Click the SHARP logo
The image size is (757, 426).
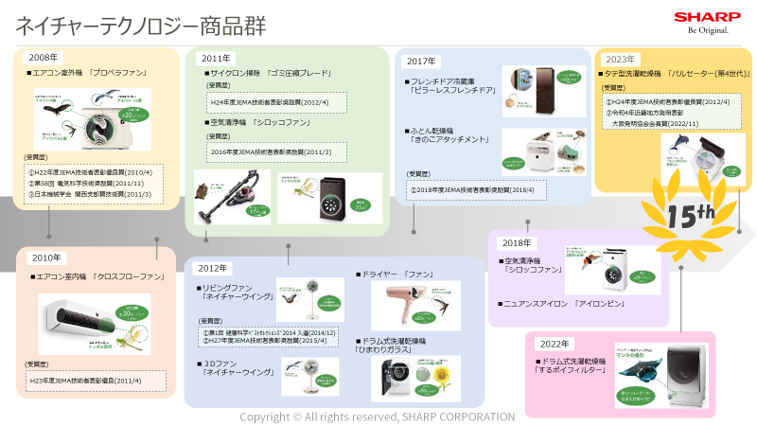click(701, 16)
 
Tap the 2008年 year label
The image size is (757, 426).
click(43, 58)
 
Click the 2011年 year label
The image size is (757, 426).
click(216, 58)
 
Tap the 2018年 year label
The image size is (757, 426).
click(517, 242)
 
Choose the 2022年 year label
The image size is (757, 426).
click(554, 343)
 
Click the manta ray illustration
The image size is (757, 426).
click(648, 361)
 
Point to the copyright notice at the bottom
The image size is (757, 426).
click(377, 417)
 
